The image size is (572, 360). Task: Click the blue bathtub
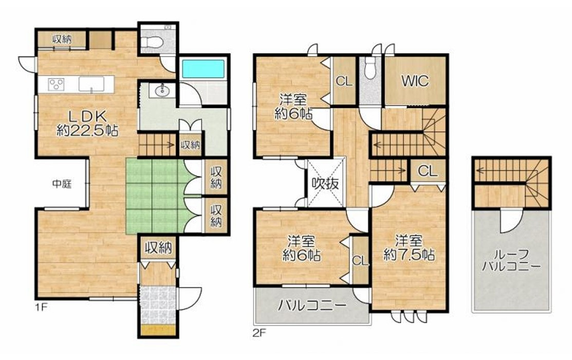[x=203, y=69]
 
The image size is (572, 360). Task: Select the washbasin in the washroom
[x=161, y=91]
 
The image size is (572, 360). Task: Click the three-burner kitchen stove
[x=56, y=84]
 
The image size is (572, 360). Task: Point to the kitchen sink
[x=91, y=84]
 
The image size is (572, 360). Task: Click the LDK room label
[x=88, y=116]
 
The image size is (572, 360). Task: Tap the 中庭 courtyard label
[x=62, y=184]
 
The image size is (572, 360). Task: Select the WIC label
[x=415, y=81]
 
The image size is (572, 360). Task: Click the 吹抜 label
[x=325, y=183]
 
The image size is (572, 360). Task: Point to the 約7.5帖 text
[x=409, y=255]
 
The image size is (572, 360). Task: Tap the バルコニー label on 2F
[x=312, y=304]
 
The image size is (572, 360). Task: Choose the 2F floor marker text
[x=259, y=332]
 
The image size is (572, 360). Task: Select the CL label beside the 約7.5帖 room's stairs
[x=428, y=171]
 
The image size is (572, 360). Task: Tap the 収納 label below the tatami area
[x=158, y=248]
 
